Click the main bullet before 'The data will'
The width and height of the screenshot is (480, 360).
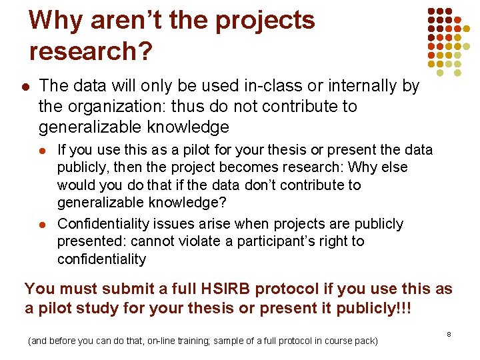[25, 87]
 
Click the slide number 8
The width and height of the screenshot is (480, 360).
[449, 333]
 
